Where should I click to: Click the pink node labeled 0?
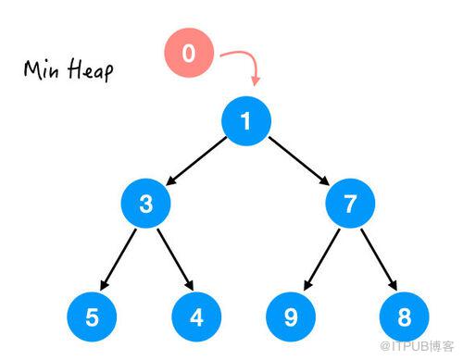(189, 53)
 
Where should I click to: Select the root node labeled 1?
(246, 120)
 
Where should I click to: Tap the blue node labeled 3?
(145, 204)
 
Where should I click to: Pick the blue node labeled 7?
(350, 204)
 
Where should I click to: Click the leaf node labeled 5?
(92, 317)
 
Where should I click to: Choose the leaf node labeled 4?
(196, 317)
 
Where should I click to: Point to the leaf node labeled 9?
(291, 317)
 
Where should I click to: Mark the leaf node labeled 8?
(405, 317)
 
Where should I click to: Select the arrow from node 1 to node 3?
(196, 161)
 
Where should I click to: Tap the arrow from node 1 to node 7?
(299, 161)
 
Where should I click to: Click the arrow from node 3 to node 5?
(119, 259)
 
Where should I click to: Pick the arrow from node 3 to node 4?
(175, 259)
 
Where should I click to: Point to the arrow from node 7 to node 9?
(322, 259)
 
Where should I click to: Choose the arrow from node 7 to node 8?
(379, 259)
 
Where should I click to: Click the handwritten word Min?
(42, 69)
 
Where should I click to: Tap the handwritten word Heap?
(91, 70)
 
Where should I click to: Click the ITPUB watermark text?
(417, 346)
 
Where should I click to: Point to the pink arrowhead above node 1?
(256, 81)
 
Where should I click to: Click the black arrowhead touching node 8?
(393, 285)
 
